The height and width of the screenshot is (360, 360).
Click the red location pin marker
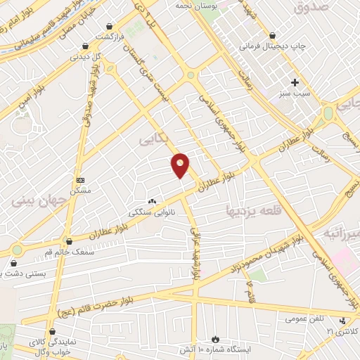(x=181, y=165)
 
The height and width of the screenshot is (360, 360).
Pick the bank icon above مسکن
(x=79, y=180)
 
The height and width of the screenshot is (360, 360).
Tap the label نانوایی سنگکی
(x=148, y=211)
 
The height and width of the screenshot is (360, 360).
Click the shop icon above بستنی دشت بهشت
(x=13, y=263)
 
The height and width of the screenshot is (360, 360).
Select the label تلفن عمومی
(x=304, y=319)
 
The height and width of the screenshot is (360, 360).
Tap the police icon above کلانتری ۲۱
(x=342, y=321)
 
